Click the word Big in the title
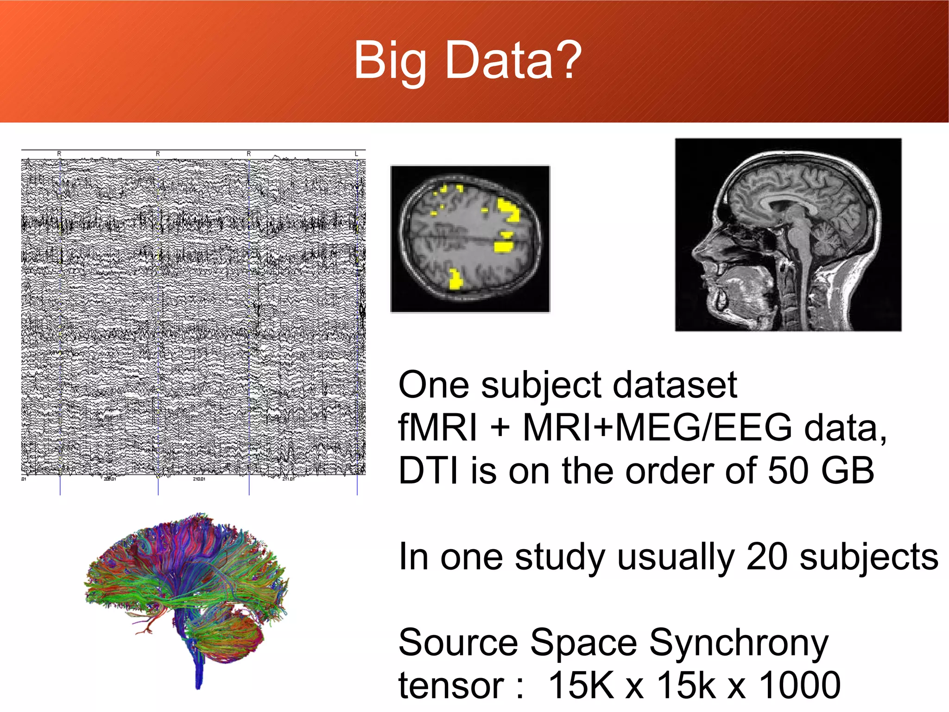(390, 60)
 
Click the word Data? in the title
(513, 60)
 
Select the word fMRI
(437, 428)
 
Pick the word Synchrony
(739, 644)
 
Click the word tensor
(451, 686)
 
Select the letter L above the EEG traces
(356, 154)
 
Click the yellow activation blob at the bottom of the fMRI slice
(456, 280)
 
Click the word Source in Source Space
(458, 643)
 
